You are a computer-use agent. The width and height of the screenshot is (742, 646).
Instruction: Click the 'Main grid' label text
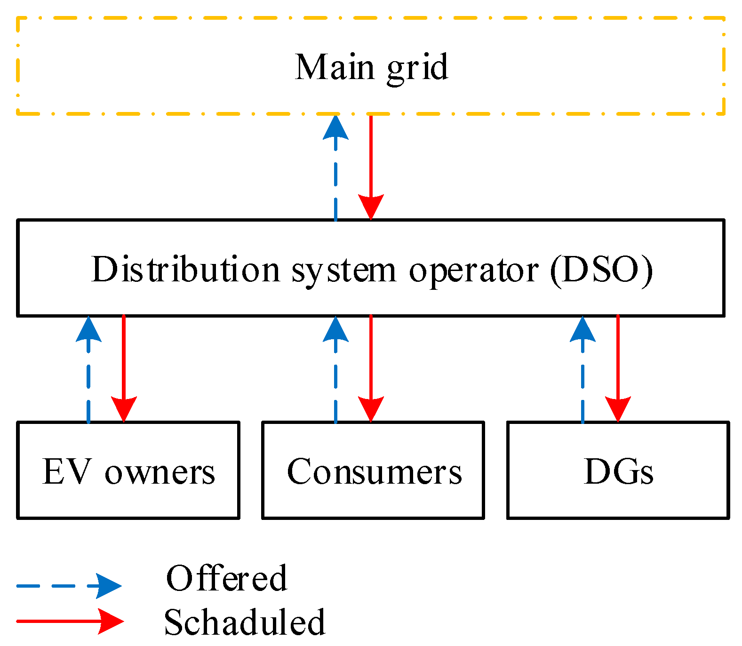(x=371, y=67)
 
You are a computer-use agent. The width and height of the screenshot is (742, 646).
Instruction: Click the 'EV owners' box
(x=128, y=471)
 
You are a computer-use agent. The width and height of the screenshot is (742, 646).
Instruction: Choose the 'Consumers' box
(x=373, y=471)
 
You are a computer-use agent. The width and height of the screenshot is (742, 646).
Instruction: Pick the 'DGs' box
(x=618, y=471)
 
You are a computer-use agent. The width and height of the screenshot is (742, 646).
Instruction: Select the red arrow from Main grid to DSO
(x=371, y=165)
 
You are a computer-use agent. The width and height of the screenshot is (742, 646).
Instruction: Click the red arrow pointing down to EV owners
(x=124, y=367)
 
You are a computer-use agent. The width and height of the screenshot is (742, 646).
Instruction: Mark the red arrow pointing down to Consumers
(x=371, y=367)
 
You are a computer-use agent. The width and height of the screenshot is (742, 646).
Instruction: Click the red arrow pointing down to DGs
(x=618, y=367)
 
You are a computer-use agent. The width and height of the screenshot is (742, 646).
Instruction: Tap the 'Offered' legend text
(x=226, y=578)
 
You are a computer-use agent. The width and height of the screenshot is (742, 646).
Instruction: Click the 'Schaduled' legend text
(x=244, y=622)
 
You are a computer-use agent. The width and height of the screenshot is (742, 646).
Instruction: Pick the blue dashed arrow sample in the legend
(x=68, y=586)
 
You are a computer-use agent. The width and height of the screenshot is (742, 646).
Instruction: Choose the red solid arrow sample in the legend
(x=68, y=621)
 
